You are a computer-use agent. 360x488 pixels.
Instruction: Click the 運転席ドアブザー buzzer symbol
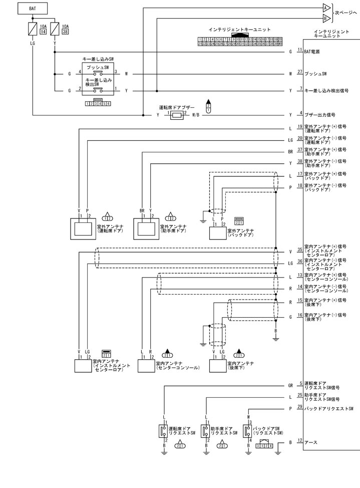pyautogui.click(x=177, y=115)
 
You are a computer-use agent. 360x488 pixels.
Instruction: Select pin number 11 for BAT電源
pyautogui.click(x=299, y=51)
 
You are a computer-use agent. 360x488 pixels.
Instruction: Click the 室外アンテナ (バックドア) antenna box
pyautogui.click(x=218, y=233)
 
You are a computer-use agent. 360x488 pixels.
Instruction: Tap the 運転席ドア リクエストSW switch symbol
pyautogui.click(x=163, y=430)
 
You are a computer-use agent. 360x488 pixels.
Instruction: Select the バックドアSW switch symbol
pyautogui.click(x=249, y=430)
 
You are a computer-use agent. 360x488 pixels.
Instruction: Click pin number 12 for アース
pyautogui.click(x=299, y=441)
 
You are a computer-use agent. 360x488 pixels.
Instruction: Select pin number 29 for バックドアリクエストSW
pyautogui.click(x=299, y=408)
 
